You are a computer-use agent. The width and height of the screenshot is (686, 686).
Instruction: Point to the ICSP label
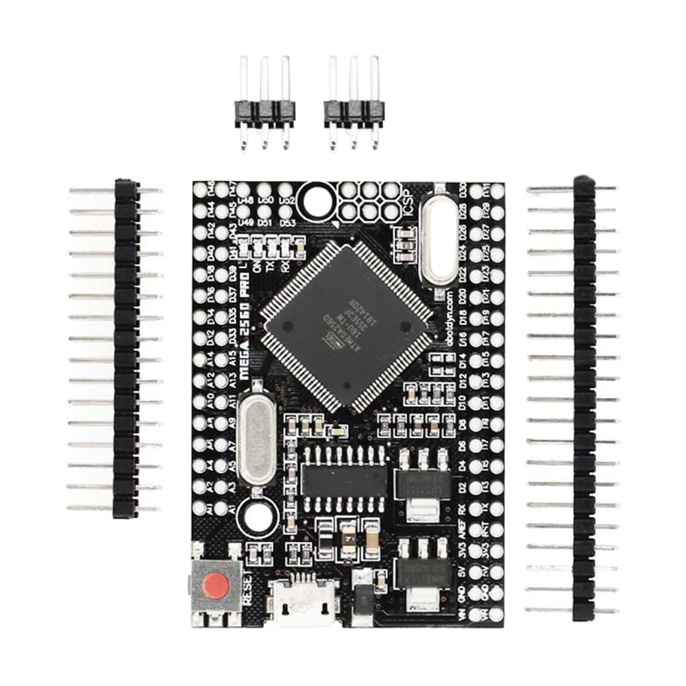(405, 204)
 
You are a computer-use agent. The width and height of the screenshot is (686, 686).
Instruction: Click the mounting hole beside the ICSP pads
(317, 199)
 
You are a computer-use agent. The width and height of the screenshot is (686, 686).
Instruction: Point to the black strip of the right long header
(583, 397)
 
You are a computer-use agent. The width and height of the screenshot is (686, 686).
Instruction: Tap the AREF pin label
(461, 529)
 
